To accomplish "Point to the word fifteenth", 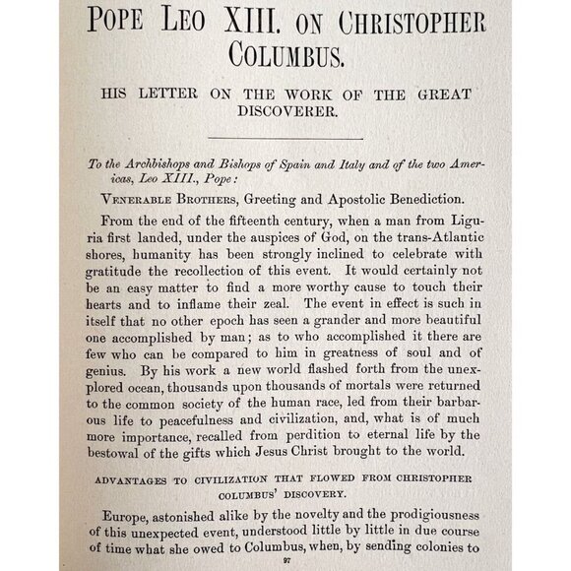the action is (x=249, y=226).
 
